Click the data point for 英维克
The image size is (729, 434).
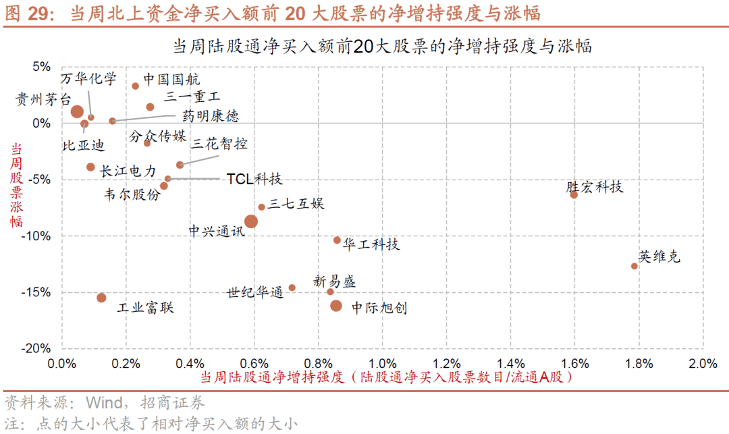pos(634,266)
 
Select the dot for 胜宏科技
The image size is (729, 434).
pos(574,194)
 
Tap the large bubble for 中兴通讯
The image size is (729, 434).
pos(250,221)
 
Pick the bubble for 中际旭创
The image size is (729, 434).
pos(336,306)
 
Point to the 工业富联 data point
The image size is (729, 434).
pos(101,298)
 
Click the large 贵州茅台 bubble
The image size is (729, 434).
pos(77,112)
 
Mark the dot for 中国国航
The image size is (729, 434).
pos(135,86)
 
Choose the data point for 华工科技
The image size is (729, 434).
pos(337,240)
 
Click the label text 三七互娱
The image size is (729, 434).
pos(296,203)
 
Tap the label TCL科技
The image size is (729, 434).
pos(254,179)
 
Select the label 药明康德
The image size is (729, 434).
pos(211,116)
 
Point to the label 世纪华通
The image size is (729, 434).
pos(255,293)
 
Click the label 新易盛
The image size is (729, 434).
pos(334,281)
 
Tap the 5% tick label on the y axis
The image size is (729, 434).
pos(41,66)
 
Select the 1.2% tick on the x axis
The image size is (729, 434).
pos(446,364)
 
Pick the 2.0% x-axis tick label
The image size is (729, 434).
pos(703,364)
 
